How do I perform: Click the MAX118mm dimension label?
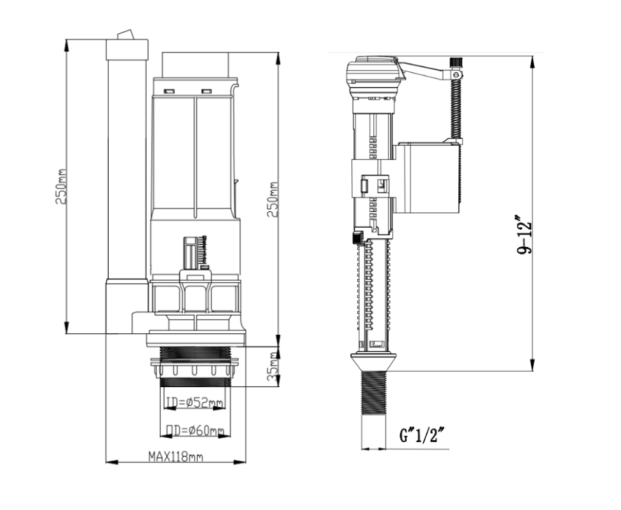[175, 456]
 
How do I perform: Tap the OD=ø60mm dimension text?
[195, 431]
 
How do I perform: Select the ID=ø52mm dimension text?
[194, 403]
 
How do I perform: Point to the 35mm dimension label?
[273, 367]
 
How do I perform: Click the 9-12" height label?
[524, 235]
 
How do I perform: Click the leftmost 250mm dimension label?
[61, 186]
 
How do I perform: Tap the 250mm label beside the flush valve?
[272, 200]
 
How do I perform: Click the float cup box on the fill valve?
[428, 177]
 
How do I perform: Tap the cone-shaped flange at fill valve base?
[373, 362]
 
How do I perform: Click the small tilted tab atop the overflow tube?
[126, 35]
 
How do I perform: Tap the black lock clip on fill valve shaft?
[357, 237]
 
